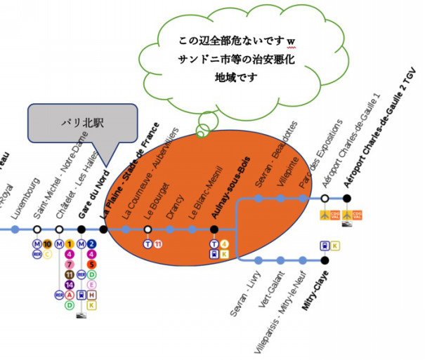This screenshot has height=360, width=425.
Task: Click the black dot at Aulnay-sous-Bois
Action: pyautogui.click(x=214, y=229)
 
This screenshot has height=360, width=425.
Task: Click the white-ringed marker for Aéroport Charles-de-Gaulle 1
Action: pyautogui.click(x=325, y=199)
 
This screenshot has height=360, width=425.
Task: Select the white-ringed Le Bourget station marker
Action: pyautogui.click(x=148, y=229)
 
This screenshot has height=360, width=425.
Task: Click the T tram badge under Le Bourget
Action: pyautogui.click(x=148, y=244)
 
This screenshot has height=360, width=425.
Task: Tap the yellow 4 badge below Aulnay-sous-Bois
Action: pyautogui.click(x=224, y=244)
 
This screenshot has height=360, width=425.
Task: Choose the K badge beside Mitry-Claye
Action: pyautogui.click(x=335, y=246)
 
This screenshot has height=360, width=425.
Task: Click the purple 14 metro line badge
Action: pyautogui.click(x=70, y=285)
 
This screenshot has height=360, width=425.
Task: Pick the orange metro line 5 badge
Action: pyautogui.click(x=92, y=265)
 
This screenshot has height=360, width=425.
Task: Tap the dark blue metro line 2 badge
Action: pyautogui.click(x=92, y=244)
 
